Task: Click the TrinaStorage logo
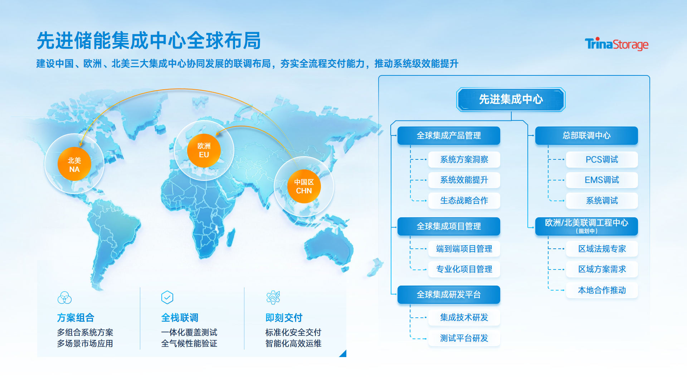tap(617, 44)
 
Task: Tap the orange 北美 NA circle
tap(74, 164)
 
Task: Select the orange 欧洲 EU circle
tap(204, 150)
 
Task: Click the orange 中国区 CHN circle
tap(304, 186)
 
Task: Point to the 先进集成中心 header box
tap(511, 99)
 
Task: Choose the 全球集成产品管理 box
tap(449, 135)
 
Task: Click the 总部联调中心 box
tap(586, 135)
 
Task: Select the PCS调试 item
tap(602, 159)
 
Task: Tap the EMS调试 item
tap(602, 180)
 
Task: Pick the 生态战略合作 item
tap(464, 201)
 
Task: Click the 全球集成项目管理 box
tap(449, 226)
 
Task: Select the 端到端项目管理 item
tap(464, 249)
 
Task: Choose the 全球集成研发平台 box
tap(449, 295)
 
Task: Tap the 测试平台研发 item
tap(464, 338)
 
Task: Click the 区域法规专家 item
tap(602, 249)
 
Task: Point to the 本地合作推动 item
tap(602, 290)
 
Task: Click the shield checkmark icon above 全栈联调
tap(167, 297)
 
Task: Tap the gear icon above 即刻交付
tap(273, 297)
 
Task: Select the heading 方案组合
tap(75, 317)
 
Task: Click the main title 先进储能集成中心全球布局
tap(148, 40)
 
